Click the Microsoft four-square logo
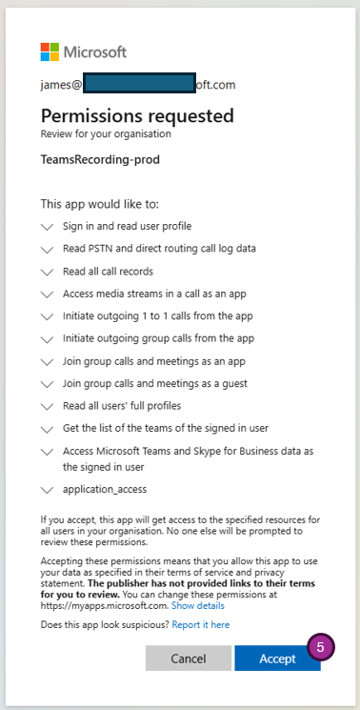(50, 51)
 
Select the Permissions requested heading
(137, 115)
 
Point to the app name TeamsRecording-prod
(100, 159)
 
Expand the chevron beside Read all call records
(48, 272)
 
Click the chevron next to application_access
(48, 490)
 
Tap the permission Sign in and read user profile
(128, 226)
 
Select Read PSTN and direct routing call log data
(159, 249)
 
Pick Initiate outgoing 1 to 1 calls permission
(158, 315)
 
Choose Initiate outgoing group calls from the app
(158, 337)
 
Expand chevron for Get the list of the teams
(48, 428)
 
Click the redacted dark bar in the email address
(139, 84)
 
